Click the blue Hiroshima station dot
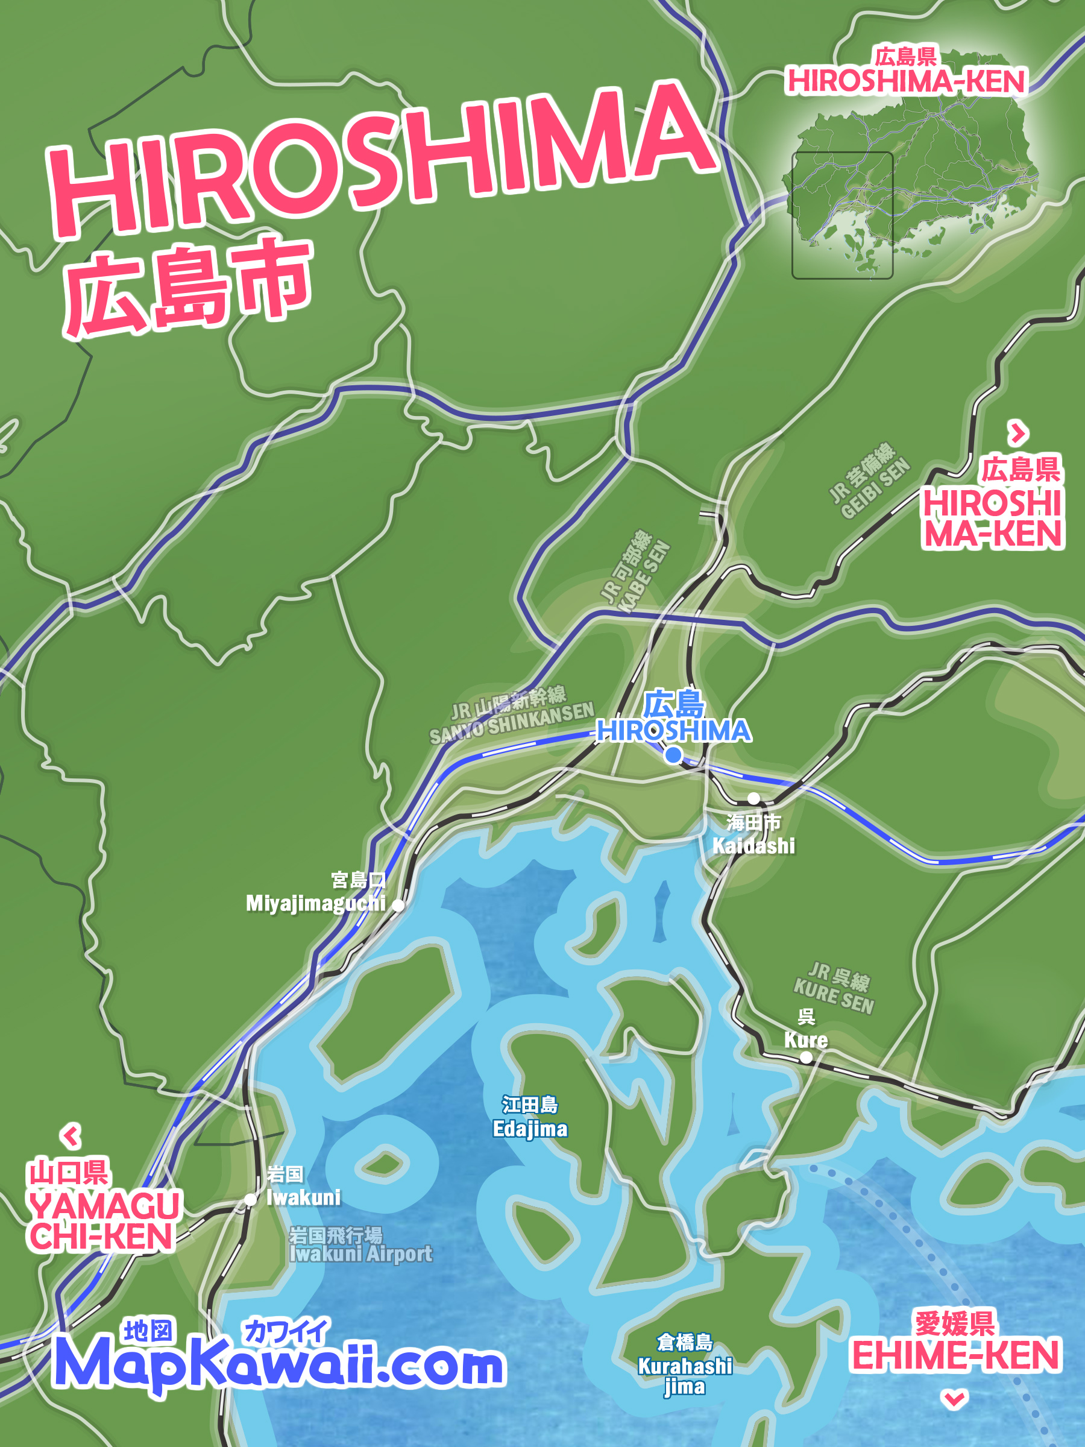[673, 755]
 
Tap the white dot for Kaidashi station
[753, 798]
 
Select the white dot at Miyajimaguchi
[398, 906]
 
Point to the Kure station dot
[806, 1057]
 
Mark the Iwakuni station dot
[251, 1199]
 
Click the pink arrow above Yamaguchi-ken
[71, 1136]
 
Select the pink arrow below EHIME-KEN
[954, 1399]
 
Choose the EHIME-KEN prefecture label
[955, 1354]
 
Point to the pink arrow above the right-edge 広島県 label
[1017, 432]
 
